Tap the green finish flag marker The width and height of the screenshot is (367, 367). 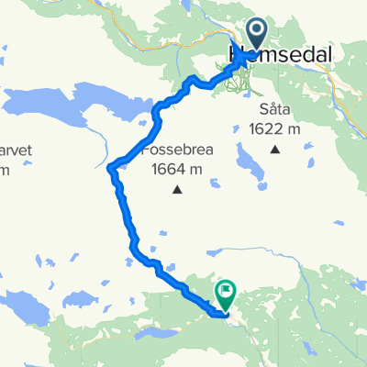pos(226,293)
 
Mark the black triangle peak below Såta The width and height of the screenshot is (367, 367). pos(274,148)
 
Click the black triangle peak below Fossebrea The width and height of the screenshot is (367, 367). pos(177,191)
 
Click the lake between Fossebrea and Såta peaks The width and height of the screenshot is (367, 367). pos(246,164)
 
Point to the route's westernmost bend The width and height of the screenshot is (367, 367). pos(109,167)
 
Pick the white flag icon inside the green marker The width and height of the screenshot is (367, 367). pos(226,289)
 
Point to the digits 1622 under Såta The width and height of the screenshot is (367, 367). pos(267,127)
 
